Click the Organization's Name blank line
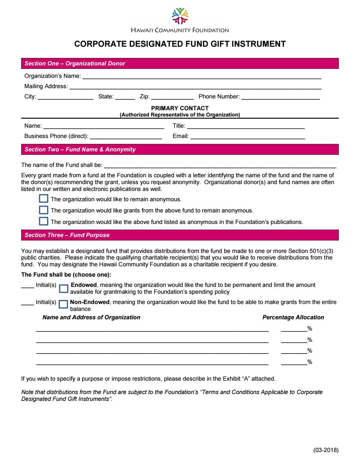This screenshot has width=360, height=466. [x=201, y=77]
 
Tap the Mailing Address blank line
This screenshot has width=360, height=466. [x=195, y=87]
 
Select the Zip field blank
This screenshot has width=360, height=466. [x=172, y=97]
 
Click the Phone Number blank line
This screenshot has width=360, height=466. [x=280, y=97]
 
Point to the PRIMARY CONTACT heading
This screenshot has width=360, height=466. [x=180, y=108]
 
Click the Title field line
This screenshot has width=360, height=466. [x=245, y=126]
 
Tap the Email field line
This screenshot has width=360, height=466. [x=248, y=136]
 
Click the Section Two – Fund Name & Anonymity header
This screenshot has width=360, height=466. [x=80, y=150]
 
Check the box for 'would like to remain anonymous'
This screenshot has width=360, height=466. [x=44, y=199]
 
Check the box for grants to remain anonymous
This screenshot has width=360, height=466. [x=44, y=210]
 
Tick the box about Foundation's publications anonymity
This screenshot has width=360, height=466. [x=44, y=221]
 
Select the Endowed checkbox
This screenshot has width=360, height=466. [x=64, y=288]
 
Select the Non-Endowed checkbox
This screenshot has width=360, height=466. [x=63, y=304]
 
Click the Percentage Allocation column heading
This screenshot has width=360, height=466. [x=293, y=317]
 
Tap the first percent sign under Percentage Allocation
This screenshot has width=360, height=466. [x=310, y=329]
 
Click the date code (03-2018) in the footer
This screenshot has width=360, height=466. [x=326, y=450]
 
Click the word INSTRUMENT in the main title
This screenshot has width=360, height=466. [x=261, y=44]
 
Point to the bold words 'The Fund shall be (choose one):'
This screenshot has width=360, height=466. [x=66, y=275]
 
